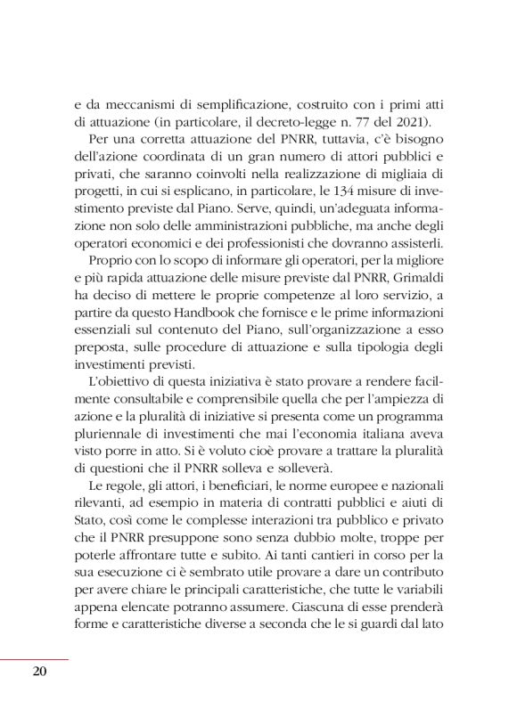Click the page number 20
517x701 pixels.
(x=38, y=672)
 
